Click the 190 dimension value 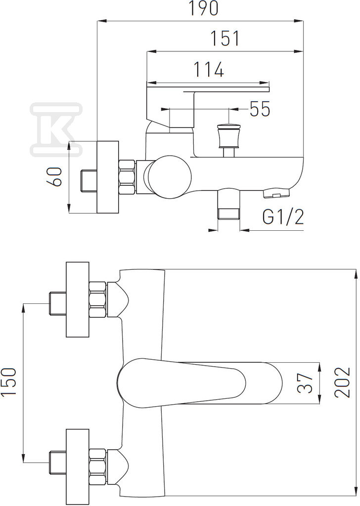203,8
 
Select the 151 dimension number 225,39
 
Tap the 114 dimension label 208,69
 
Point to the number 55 260,109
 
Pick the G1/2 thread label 283,217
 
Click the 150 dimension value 9,382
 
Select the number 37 305,383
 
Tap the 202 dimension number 342,382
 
